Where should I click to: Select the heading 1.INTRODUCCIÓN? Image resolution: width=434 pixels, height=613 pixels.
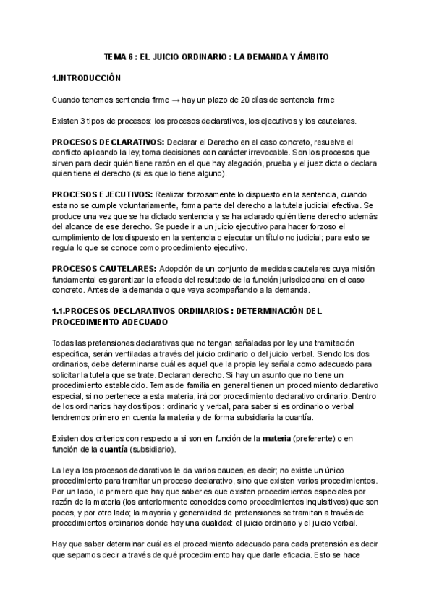[88, 77]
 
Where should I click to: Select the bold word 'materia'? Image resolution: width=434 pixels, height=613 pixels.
[258, 437]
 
